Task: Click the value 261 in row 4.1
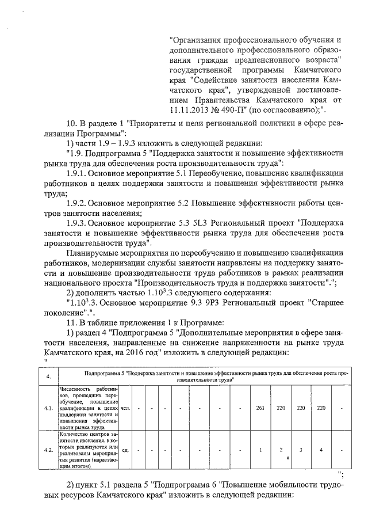click(260, 409)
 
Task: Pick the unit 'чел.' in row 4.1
click(125, 409)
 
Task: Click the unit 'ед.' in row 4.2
click(125, 450)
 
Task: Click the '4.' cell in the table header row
click(49, 377)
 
